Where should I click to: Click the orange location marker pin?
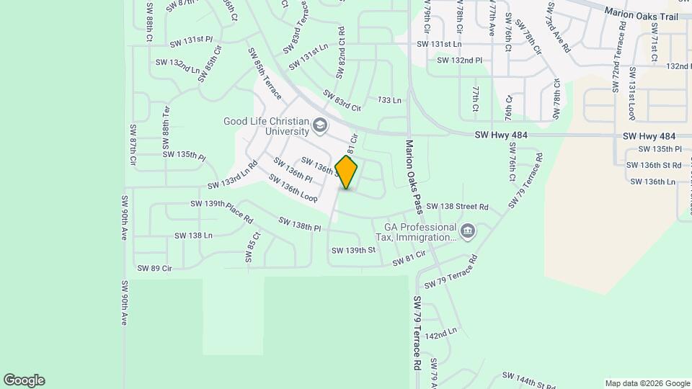tap(347, 171)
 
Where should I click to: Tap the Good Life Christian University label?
tap(266, 126)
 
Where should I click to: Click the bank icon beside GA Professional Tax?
tap(469, 231)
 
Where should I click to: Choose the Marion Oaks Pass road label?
tap(412, 177)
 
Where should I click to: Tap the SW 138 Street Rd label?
tap(457, 207)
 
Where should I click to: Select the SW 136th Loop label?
tap(293, 187)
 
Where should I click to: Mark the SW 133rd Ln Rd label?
tap(232, 177)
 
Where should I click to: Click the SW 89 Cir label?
tap(154, 269)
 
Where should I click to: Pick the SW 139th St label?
tap(353, 250)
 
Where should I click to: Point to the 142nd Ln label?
tap(441, 334)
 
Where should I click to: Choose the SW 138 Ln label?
tap(193, 236)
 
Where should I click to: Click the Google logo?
tap(24, 380)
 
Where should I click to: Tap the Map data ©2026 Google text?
tap(647, 383)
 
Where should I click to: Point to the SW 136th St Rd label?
tap(656, 166)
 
